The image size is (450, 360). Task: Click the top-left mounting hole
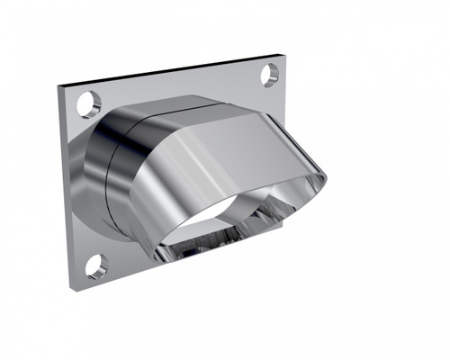tap(88, 104)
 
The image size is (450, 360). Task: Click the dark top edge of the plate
tap(171, 71)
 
